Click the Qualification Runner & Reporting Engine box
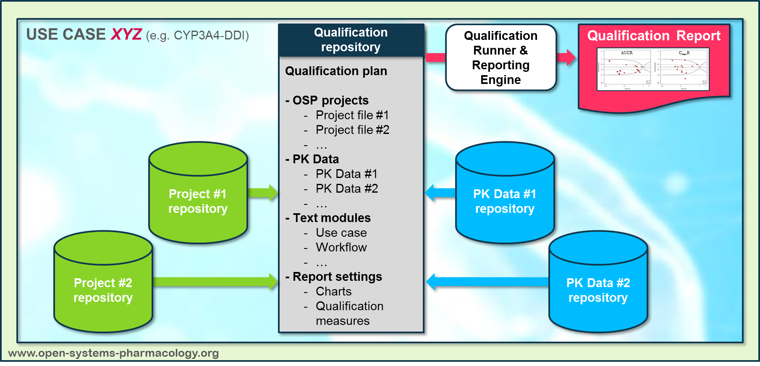[x=501, y=58]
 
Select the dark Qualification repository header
[x=351, y=40]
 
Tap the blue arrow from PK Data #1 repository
[x=440, y=193]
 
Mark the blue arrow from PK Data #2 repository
[x=487, y=282]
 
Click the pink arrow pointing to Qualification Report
[x=566, y=58]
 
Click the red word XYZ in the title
[x=126, y=34]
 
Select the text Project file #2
[x=352, y=130]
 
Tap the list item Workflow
[x=341, y=248]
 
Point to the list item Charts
[x=333, y=292]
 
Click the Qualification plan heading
[x=336, y=71]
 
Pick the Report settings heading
[x=337, y=277]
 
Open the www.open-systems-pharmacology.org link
[x=113, y=353]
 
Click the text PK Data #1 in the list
[x=346, y=174]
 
